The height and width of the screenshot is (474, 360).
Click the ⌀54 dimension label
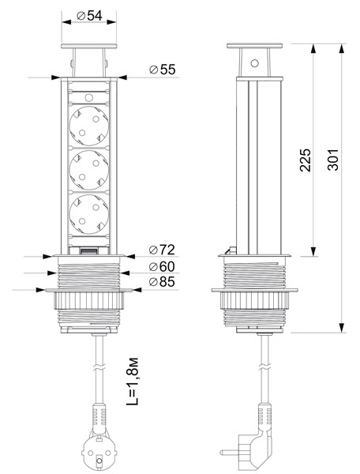click(89, 16)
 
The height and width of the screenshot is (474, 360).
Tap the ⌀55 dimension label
click(163, 70)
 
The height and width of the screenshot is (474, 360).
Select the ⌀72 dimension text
click(162, 250)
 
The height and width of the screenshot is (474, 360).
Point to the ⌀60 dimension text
click(162, 266)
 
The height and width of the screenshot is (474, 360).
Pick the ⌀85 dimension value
click(162, 282)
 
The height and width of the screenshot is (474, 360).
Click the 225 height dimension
click(306, 160)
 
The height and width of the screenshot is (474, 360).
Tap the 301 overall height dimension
click(333, 160)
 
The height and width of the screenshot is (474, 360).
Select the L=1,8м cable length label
click(132, 382)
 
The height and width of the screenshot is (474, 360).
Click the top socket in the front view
click(88, 126)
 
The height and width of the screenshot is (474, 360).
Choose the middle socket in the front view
click(88, 170)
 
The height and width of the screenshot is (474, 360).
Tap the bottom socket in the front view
click(88, 214)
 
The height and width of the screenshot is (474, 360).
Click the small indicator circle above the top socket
click(88, 97)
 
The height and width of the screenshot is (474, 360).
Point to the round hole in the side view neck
click(254, 63)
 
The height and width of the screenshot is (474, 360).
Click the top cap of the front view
click(88, 47)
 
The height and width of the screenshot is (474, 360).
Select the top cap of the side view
click(254, 46)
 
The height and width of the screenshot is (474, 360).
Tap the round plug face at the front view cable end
click(98, 451)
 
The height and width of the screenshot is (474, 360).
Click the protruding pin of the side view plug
click(229, 453)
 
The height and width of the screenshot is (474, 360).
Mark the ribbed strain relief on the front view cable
click(99, 415)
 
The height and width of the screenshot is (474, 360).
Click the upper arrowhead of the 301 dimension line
click(342, 49)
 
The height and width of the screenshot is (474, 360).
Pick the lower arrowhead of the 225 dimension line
click(313, 251)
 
